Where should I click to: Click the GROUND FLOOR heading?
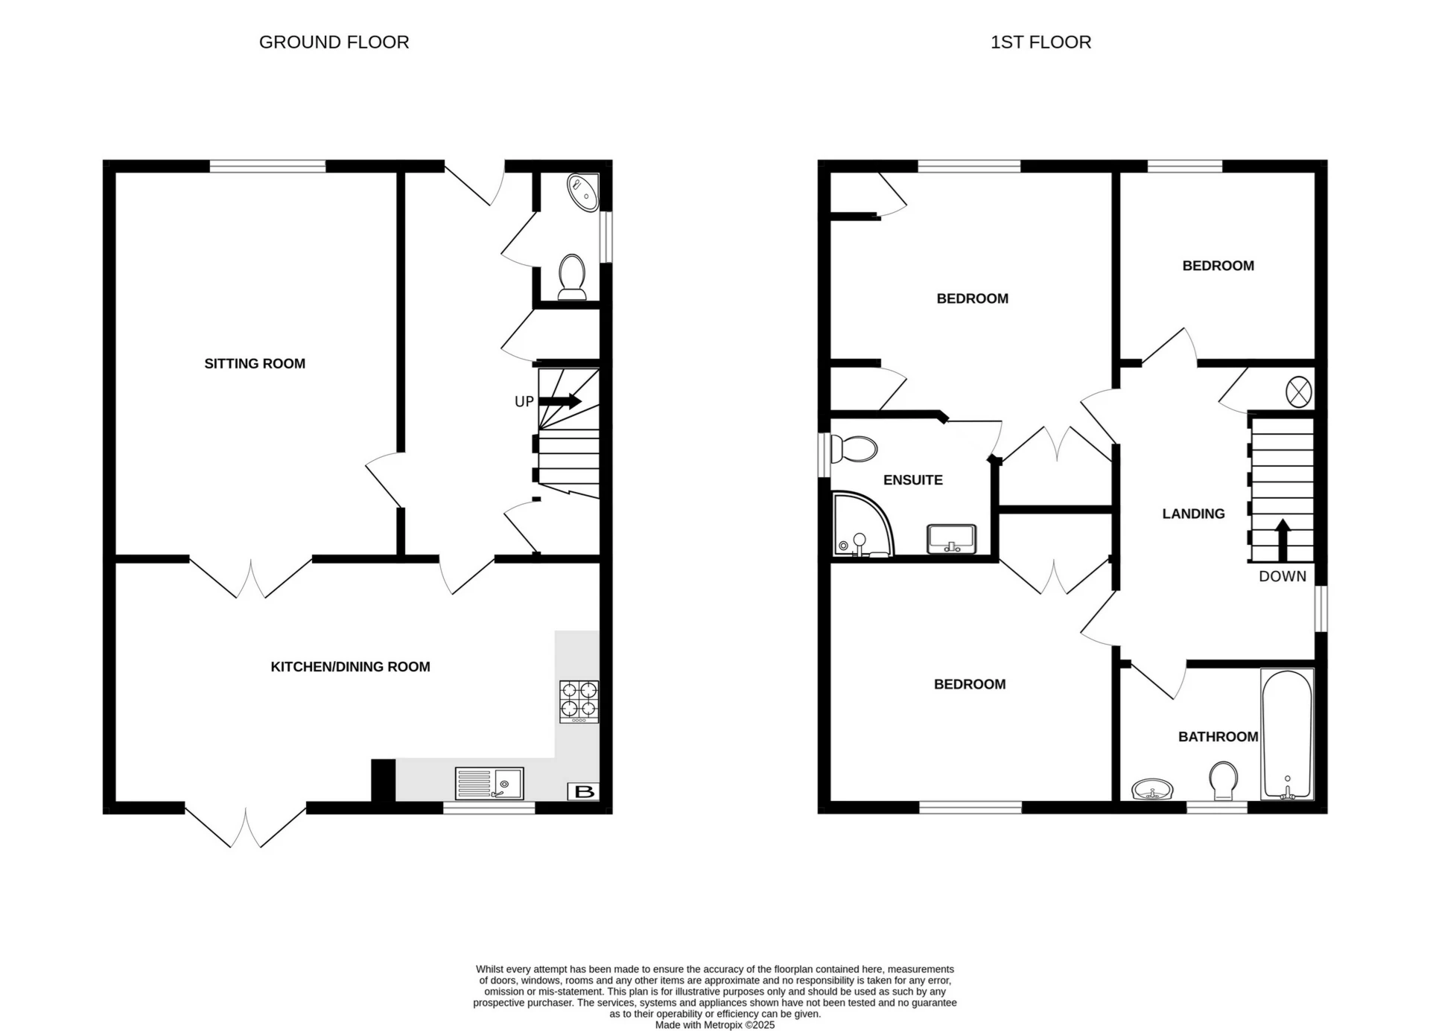[334, 42]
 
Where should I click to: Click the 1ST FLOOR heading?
[1040, 42]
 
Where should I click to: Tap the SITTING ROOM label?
[255, 363]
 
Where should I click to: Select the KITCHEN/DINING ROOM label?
[350, 667]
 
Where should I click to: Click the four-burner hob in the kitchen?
[579, 702]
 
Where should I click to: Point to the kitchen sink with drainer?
[489, 784]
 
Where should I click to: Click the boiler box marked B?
[584, 792]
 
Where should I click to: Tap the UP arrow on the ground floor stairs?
[560, 401]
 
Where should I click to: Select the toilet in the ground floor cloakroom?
[572, 276]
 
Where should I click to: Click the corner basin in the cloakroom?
[582, 192]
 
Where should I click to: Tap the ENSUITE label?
[912, 480]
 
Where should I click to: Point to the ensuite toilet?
[854, 449]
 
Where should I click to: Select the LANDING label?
[1193, 514]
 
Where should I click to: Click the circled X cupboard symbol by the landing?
[1298, 392]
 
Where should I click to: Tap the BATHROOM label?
[1218, 737]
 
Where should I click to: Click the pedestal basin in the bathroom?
[1151, 789]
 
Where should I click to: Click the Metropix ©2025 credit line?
[714, 1025]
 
